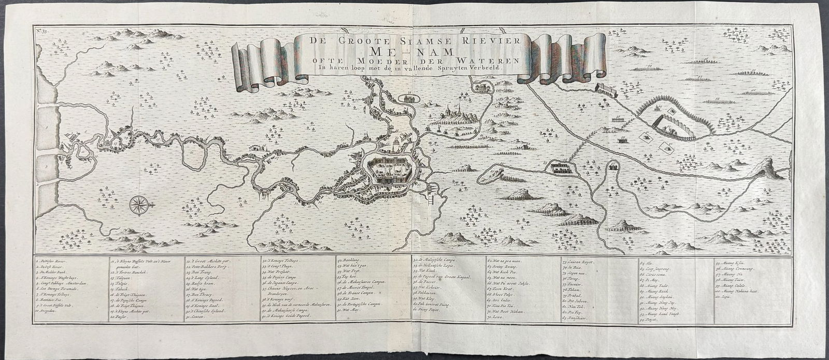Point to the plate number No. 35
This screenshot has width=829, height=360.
click(x=42, y=32)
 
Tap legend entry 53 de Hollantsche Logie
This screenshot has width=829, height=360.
click(x=436, y=265)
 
